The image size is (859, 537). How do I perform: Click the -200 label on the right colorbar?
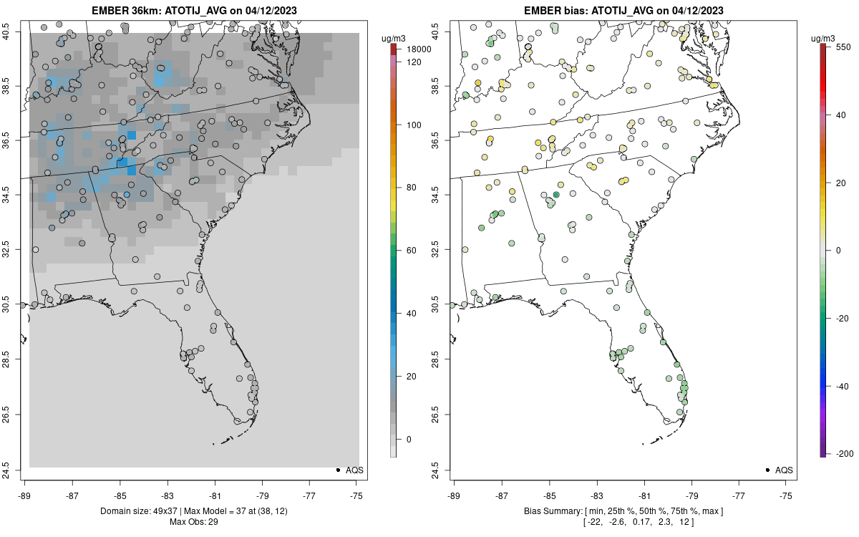coord(844,454)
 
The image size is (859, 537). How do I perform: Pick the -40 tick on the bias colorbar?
coord(844,386)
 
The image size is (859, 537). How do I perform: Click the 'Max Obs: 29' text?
coord(193,521)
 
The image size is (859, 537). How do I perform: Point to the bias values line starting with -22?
coord(622,521)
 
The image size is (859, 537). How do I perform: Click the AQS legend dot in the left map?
coord(337,470)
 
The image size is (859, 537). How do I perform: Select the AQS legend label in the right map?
coord(784,470)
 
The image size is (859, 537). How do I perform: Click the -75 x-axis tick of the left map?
coord(356,495)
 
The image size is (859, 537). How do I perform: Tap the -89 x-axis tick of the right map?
coord(454,495)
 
